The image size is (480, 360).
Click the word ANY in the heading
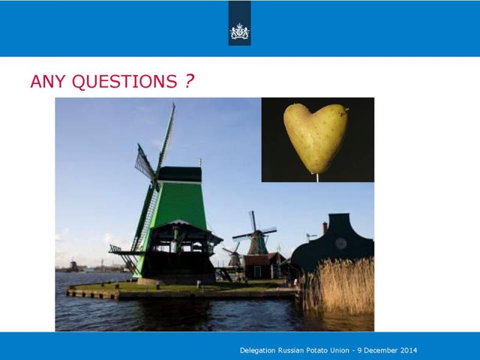(x=48, y=82)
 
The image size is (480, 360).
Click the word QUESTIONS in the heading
(x=125, y=82)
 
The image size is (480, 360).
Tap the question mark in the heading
(x=190, y=81)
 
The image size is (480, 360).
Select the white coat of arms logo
(x=239, y=31)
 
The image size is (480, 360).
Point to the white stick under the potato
(x=317, y=178)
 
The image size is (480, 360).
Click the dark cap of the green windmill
(x=179, y=174)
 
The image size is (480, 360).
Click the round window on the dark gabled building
(x=341, y=244)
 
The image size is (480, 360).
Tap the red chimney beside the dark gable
(x=325, y=228)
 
